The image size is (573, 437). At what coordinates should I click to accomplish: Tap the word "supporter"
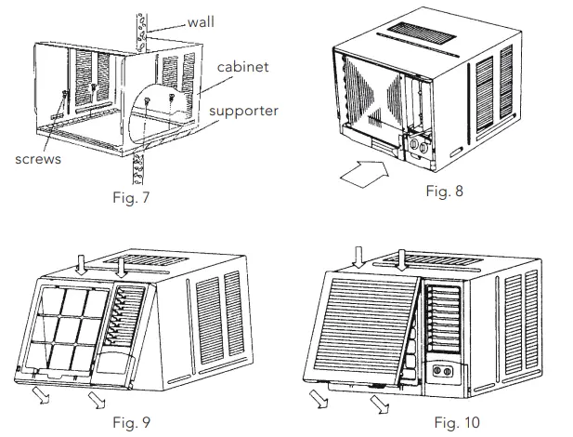coord(243,111)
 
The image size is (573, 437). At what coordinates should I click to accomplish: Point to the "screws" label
coord(37,159)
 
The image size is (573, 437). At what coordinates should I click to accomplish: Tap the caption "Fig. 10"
coord(457,423)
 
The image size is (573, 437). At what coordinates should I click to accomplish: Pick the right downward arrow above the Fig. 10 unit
coord(401,258)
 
